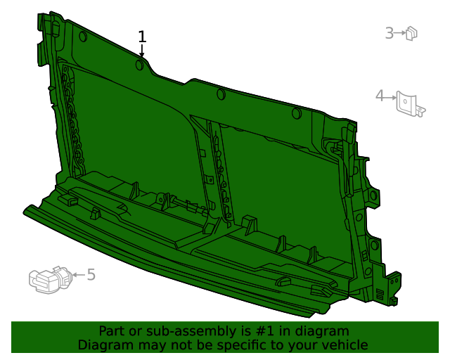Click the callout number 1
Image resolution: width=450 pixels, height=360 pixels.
pyautogui.click(x=143, y=37)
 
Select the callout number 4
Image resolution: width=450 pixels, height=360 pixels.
pyautogui.click(x=380, y=96)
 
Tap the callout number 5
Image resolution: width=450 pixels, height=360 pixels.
pyautogui.click(x=91, y=274)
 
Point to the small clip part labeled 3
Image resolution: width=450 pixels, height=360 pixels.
pyautogui.click(x=412, y=32)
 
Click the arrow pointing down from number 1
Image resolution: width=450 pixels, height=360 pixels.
pyautogui.click(x=142, y=51)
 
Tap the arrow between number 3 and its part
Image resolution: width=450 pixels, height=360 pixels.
pyautogui.click(x=401, y=32)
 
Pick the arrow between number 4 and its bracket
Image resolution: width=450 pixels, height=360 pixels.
pyautogui.click(x=390, y=96)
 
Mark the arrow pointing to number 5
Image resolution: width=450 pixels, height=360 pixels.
pyautogui.click(x=78, y=275)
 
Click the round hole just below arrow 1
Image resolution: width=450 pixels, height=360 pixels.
pyautogui.click(x=140, y=65)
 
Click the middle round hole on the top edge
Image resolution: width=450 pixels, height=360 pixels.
pyautogui.click(x=221, y=94)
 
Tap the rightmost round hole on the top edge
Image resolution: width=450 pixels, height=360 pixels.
pyautogui.click(x=296, y=112)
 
